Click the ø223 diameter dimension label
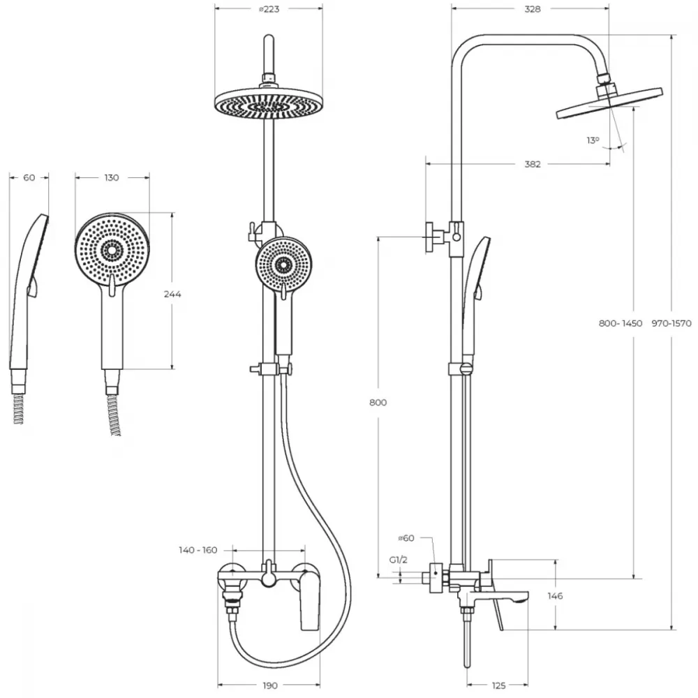click(269, 9)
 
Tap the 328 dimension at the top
click(533, 9)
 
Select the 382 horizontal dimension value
click(533, 164)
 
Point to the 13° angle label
click(593, 140)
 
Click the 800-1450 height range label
click(621, 323)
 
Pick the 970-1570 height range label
click(671, 323)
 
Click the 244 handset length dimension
click(172, 294)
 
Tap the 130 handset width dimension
click(112, 177)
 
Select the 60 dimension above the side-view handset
click(29, 177)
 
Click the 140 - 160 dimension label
click(198, 550)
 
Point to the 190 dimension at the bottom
click(269, 686)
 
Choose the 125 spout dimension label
click(499, 686)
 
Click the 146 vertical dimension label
click(555, 595)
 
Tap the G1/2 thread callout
click(399, 560)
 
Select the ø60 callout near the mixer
click(406, 537)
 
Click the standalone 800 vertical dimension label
click(378, 403)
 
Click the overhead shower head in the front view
click(269, 105)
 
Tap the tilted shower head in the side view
click(609, 103)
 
